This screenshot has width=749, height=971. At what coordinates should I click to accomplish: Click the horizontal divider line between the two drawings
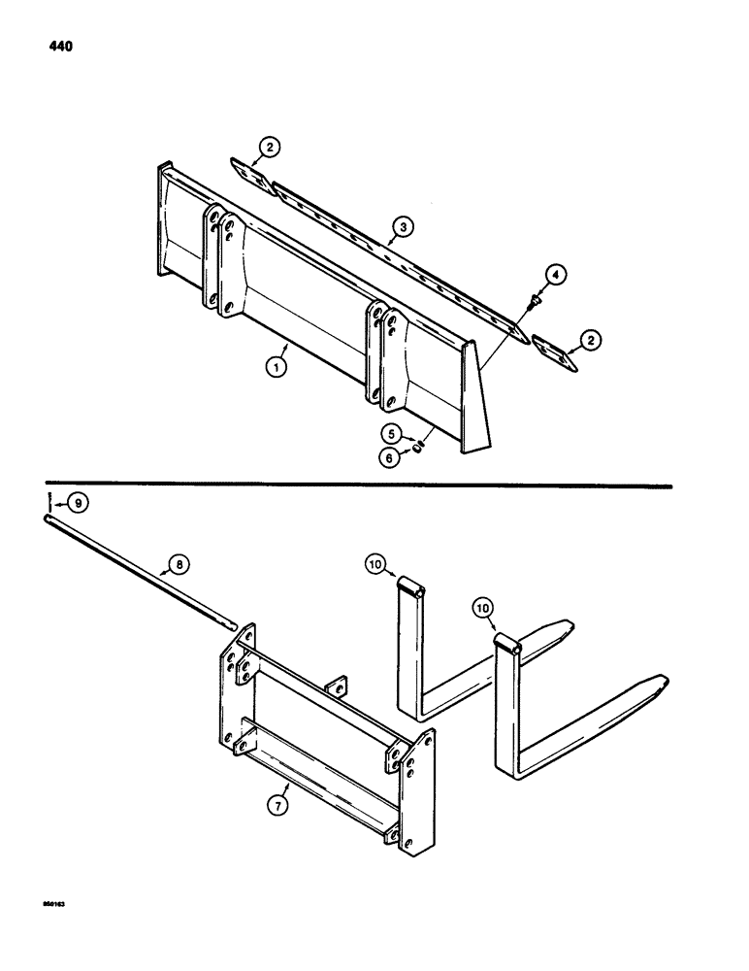pyautogui.click(x=359, y=483)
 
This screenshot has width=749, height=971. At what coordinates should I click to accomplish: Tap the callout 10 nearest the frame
pyautogui.click(x=378, y=563)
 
